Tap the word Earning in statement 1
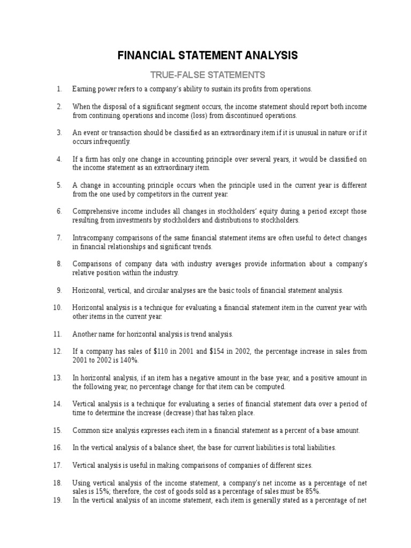pos(84,89)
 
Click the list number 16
pos(58,447)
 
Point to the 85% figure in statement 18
pos(311,491)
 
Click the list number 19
pos(58,500)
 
